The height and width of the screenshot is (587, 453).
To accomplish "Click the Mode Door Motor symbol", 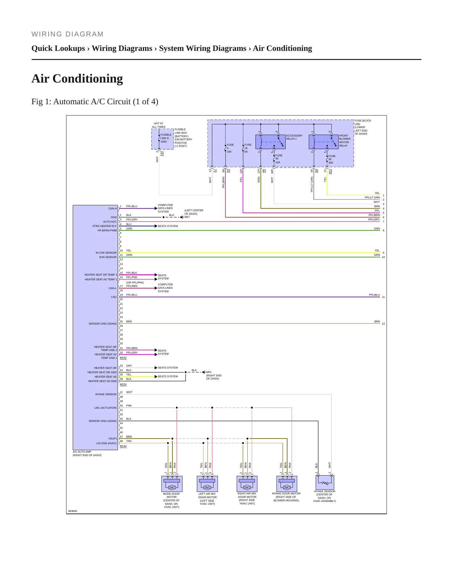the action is tap(172, 484).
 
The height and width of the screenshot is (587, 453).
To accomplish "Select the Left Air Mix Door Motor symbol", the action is tap(207, 484).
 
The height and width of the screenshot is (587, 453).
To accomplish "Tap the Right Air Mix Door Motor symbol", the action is tap(247, 484).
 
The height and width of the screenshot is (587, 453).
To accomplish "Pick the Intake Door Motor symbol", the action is tap(287, 484).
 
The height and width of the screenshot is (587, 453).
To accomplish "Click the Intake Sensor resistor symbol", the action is tap(325, 482).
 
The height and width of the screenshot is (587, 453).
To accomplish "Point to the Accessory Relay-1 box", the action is tap(271, 142).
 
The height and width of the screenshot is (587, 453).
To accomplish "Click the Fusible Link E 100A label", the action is tap(166, 138).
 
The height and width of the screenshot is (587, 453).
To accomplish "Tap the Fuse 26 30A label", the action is tap(332, 159).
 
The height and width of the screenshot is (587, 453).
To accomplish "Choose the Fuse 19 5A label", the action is tap(248, 148).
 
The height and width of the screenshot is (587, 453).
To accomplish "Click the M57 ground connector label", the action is tap(187, 217).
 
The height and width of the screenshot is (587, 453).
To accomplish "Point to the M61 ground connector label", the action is tap(209, 372).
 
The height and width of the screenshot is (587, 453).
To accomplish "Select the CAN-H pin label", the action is tap(113, 208).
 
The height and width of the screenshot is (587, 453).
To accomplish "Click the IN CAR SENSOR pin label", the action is tap(106, 253).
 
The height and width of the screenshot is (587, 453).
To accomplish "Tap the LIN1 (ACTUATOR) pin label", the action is tap(105, 408).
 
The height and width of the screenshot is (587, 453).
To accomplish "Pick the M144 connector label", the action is tap(123, 446).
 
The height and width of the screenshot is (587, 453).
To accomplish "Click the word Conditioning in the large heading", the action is tap(87, 79).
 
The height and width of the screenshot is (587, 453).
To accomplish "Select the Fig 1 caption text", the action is tap(95, 102).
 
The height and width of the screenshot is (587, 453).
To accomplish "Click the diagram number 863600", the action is tap(73, 511).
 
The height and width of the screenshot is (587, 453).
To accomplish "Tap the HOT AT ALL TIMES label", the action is tap(159, 125).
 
